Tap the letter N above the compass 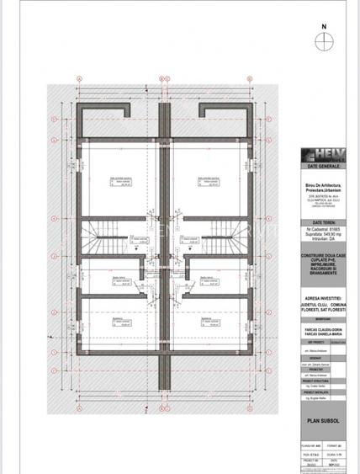tap(323, 26)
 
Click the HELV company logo tap(323, 155)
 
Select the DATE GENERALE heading tap(324, 167)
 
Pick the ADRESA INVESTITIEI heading tap(324, 285)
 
